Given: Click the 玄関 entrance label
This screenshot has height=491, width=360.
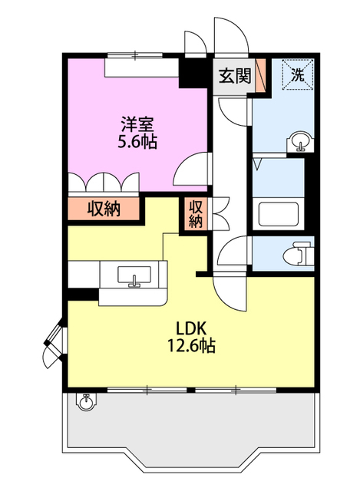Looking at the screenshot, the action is pos(235,76).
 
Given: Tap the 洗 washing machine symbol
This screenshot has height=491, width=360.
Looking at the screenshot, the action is pos(298,74).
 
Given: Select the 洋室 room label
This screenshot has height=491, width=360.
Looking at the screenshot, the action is pos(137,124).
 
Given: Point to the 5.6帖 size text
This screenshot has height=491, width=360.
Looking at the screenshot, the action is pos(137,142).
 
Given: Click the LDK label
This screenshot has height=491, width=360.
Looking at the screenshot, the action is pos(190,328).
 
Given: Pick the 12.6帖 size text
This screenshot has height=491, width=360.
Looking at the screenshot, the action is pos(191,346).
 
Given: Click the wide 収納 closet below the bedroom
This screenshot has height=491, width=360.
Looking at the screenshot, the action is pos(104,209).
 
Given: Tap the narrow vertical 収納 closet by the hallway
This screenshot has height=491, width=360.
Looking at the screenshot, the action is pos(195,214).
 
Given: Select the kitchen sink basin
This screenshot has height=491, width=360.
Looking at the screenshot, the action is pos(134,275).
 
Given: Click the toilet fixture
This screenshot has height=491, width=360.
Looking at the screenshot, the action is pos(298,254).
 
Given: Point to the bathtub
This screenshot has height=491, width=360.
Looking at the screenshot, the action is pos(278,214).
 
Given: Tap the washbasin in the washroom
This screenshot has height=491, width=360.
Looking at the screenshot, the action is pos(300,142).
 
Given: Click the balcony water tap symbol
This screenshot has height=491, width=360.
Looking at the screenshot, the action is pos(85,401).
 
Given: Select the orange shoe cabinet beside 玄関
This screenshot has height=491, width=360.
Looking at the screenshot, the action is pos(260,75).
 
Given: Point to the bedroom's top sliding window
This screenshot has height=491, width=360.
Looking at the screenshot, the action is pos(135,55).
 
